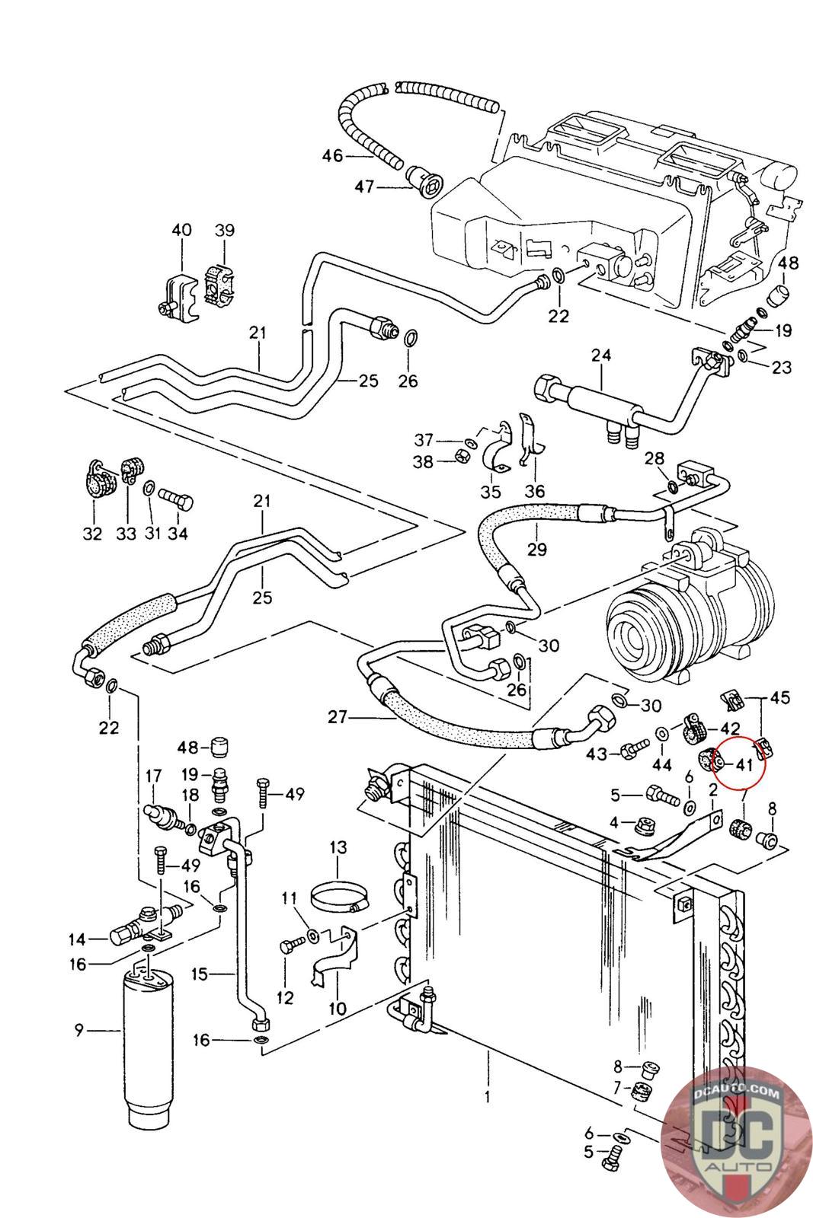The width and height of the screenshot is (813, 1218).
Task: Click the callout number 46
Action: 332,156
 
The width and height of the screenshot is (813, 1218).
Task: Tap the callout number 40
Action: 181,231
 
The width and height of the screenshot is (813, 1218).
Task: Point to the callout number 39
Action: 224,231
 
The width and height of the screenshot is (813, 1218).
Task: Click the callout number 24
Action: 601,356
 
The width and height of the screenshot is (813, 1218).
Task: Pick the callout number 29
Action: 537,548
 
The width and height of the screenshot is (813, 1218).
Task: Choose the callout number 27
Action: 338,716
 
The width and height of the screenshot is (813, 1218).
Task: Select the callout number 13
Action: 338,847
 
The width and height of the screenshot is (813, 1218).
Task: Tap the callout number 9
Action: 78,1031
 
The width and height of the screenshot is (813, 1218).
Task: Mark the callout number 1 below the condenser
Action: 487,1097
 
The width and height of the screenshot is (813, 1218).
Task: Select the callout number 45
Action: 780,697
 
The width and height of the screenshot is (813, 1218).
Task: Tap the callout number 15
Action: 200,974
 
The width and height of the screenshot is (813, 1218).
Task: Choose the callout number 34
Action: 178,534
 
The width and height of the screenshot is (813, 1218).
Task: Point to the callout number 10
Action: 337,1009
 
